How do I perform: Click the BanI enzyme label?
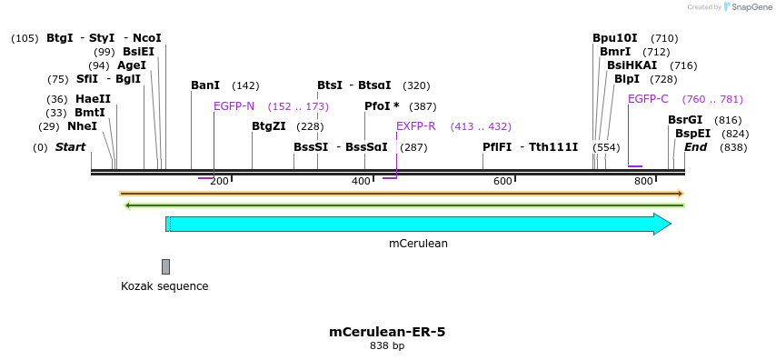205,85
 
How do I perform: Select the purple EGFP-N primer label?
234,106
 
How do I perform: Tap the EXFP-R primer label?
415,126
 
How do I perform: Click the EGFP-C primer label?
648,99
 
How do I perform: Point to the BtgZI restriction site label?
269,126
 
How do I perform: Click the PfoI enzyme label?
378,106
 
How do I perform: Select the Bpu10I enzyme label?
615,38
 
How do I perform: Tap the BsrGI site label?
685,120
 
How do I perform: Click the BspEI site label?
692,134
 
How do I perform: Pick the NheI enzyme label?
82,126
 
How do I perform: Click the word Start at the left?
70,147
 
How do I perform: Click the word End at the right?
696,147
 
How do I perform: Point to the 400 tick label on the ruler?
361,182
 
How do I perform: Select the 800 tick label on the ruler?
643,182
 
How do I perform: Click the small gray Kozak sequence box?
165,266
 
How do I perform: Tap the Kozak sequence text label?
164,286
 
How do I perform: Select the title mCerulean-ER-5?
387,332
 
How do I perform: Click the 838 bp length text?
387,346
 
